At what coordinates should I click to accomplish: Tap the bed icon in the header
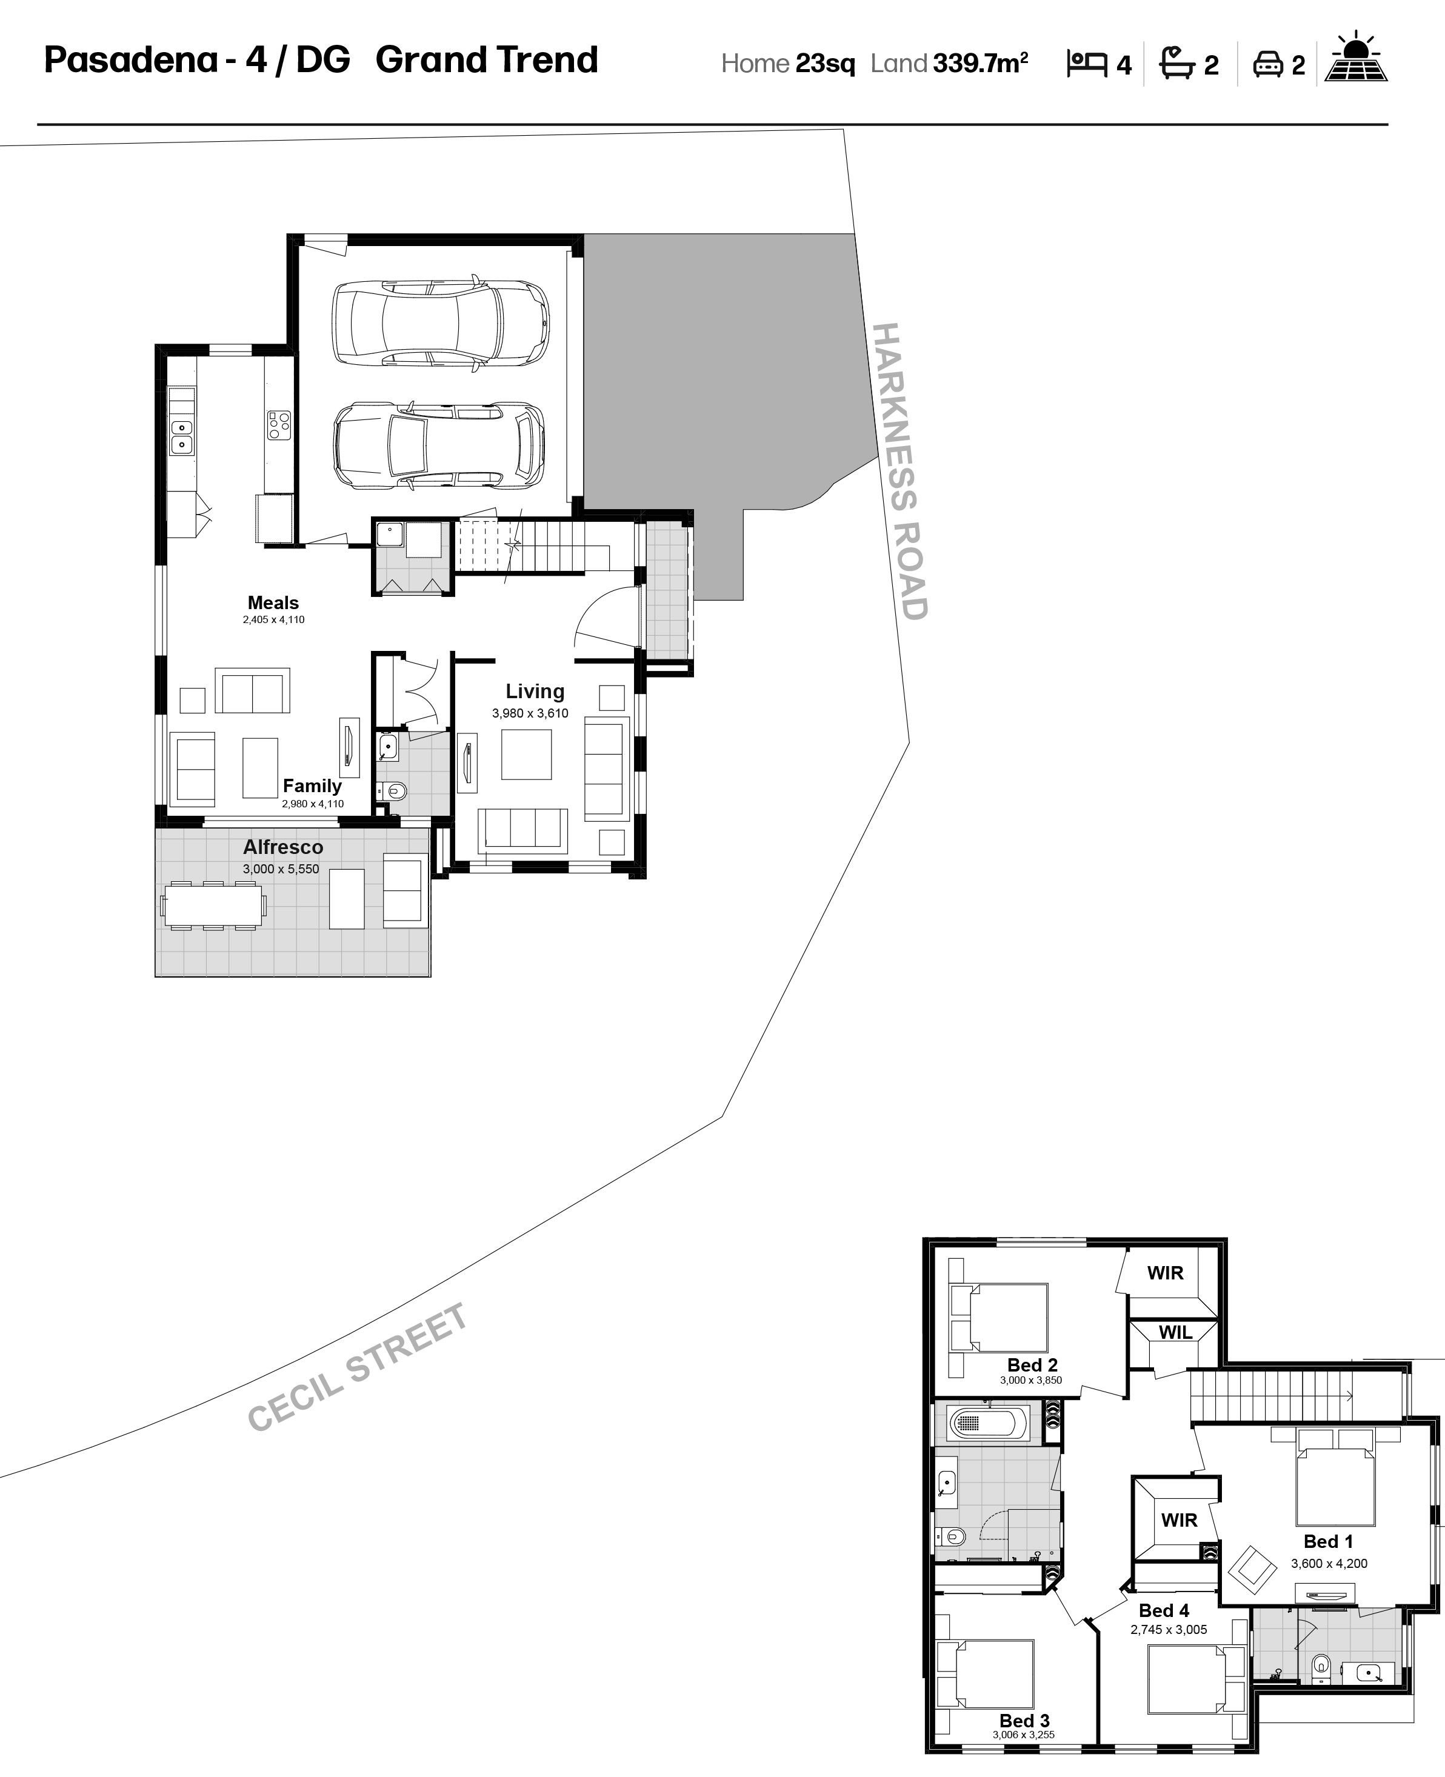[1086, 64]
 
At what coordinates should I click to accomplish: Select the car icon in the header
[1267, 64]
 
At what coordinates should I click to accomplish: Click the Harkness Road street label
[900, 471]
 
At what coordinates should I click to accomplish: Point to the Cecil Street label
[358, 1367]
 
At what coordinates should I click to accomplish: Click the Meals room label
[273, 602]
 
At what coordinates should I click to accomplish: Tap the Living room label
[535, 691]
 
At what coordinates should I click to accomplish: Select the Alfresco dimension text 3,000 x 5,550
[281, 869]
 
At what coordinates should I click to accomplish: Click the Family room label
[312, 785]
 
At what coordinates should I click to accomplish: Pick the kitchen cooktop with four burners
[279, 425]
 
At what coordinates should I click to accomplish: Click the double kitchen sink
[181, 437]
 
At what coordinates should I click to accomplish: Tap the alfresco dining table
[214, 905]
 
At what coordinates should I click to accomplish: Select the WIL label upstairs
[1175, 1333]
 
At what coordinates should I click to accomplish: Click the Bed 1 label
[1329, 1541]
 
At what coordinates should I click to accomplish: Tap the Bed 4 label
[1164, 1610]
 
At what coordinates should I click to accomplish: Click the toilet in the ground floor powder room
[396, 791]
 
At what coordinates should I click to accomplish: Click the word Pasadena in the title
[131, 60]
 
